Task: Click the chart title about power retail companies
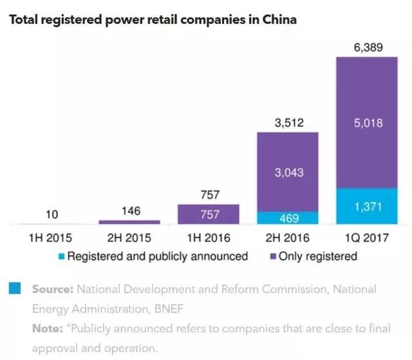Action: pos(152,19)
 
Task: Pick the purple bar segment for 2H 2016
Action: pos(288,172)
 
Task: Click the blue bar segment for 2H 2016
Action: pos(288,218)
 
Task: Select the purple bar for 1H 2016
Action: pos(208,214)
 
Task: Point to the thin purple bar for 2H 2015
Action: pos(129,222)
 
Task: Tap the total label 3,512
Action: pos(288,122)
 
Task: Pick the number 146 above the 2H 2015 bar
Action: pos(129,210)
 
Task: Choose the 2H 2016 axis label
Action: pos(288,238)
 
